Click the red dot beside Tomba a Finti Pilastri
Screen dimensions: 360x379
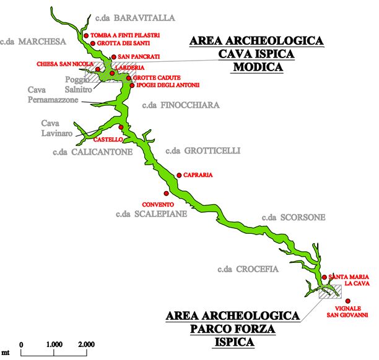coord(86,35)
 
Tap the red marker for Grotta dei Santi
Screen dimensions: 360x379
coord(93,43)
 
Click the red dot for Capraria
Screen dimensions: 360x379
coord(179,175)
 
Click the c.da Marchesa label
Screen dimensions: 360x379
coord(33,42)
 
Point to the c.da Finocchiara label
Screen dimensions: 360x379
coord(181,105)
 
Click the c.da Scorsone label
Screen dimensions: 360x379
coord(293,218)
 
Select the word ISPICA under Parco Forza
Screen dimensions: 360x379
coord(233,341)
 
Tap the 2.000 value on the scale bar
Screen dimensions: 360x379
coord(86,344)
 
